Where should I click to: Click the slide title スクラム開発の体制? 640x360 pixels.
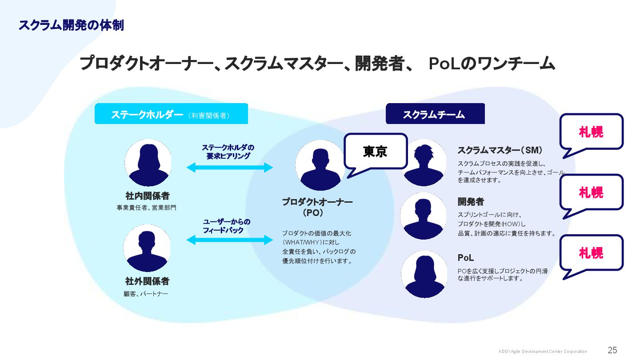click(71, 25)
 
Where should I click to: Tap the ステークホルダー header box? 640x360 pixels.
click(171, 114)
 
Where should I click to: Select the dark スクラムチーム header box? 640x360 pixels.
click(435, 114)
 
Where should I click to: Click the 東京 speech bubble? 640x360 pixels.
click(376, 152)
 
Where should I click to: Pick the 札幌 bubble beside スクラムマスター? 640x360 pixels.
click(591, 132)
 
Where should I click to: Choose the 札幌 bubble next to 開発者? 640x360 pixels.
click(591, 192)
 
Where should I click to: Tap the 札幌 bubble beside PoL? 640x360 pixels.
click(591, 253)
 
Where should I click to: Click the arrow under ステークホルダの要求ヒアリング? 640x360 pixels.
click(229, 168)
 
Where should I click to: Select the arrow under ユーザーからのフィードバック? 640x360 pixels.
click(229, 240)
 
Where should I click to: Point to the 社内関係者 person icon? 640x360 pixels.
click(148, 163)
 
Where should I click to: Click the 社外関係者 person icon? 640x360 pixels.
click(147, 248)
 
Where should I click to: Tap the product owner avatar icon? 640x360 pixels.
click(320, 166)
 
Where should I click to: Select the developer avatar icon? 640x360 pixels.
click(424, 216)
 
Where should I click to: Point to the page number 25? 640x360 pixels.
click(612, 350)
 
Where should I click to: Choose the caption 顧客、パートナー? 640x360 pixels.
click(146, 294)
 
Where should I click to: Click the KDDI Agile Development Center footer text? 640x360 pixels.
click(542, 352)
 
